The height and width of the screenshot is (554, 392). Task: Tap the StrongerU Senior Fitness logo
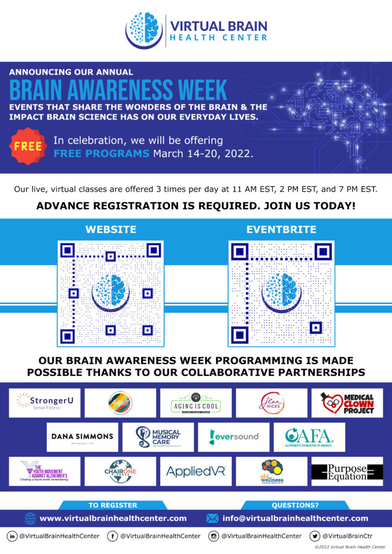[x=44, y=403]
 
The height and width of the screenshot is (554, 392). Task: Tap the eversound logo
[x=233, y=437]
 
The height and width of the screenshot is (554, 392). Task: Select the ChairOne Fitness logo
[x=120, y=471]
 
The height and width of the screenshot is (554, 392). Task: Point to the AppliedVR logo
[x=195, y=471]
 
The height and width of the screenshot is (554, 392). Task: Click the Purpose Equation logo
[x=347, y=471]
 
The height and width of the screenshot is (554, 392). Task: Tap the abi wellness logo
[x=271, y=471]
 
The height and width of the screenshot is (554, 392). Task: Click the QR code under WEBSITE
[x=110, y=294]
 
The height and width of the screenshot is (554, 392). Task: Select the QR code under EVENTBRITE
[x=281, y=294]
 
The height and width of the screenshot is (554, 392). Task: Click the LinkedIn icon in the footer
[x=12, y=536]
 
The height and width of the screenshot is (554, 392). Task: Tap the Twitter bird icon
[x=315, y=536]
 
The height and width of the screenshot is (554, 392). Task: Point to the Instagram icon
[x=214, y=536]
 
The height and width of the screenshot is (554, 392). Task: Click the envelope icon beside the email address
[x=212, y=518]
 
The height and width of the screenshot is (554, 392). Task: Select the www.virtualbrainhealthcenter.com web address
[x=113, y=518]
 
